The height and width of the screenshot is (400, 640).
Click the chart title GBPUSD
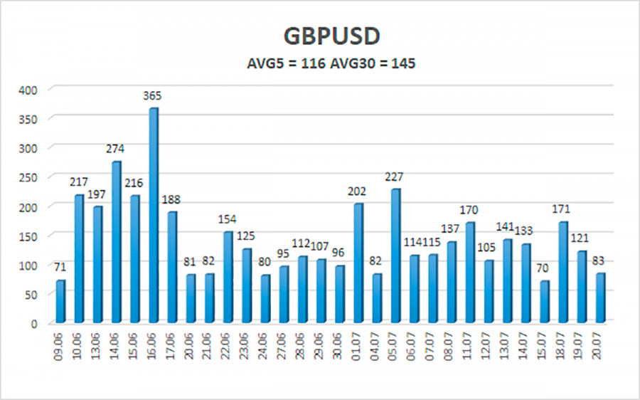coord(320,36)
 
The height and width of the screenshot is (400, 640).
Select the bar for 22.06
coord(228,278)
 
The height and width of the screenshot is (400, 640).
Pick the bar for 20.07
coord(599,298)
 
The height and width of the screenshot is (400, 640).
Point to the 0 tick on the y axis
coord(42,324)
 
